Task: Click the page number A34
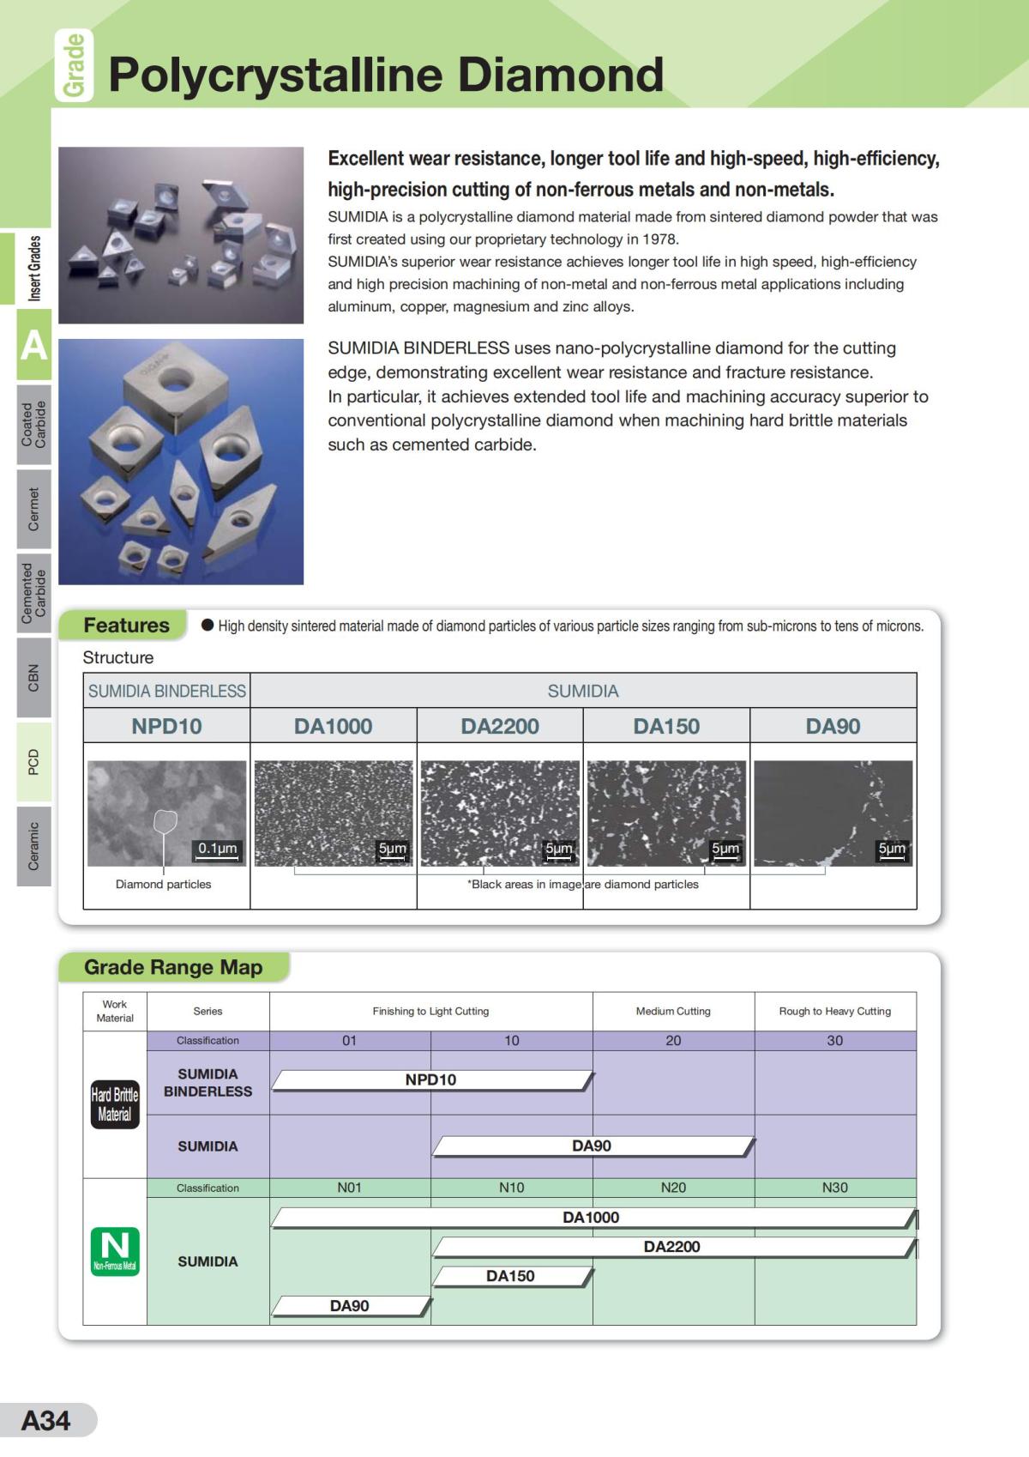click(46, 1420)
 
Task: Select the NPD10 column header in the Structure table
click(166, 726)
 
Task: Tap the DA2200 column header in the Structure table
click(500, 726)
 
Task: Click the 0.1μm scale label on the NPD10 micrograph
click(217, 849)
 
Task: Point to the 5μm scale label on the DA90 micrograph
click(892, 849)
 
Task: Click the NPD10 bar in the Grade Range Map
click(430, 1080)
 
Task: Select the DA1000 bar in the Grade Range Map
click(591, 1218)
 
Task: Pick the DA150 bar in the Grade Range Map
click(510, 1277)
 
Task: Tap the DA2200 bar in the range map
click(671, 1247)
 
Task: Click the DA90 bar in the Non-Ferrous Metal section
click(350, 1306)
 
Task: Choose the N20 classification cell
click(673, 1188)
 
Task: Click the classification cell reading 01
click(350, 1040)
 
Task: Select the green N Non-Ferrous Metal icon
click(115, 1251)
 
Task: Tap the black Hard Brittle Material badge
click(115, 1104)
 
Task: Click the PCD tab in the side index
click(33, 762)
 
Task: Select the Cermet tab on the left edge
click(33, 509)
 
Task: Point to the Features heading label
click(126, 626)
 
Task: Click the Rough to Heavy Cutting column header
click(834, 1011)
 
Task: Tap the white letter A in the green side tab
click(33, 346)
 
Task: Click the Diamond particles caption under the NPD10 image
click(163, 884)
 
